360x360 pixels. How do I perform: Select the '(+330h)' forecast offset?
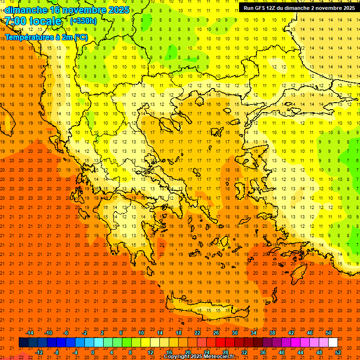[83, 21]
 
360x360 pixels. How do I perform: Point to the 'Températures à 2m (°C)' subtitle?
[46, 37]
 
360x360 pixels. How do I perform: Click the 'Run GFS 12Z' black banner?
[299, 7]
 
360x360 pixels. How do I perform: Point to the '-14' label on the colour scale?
[30, 333]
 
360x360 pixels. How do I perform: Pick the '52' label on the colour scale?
[338, 352]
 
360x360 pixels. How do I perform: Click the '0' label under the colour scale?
[93, 352]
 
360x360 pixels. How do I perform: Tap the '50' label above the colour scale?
[328, 333]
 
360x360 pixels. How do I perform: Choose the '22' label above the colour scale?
[197, 333]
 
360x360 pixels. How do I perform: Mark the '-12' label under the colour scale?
[39, 352]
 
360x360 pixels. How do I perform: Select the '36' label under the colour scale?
[263, 352]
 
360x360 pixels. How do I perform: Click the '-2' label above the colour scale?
[85, 333]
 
